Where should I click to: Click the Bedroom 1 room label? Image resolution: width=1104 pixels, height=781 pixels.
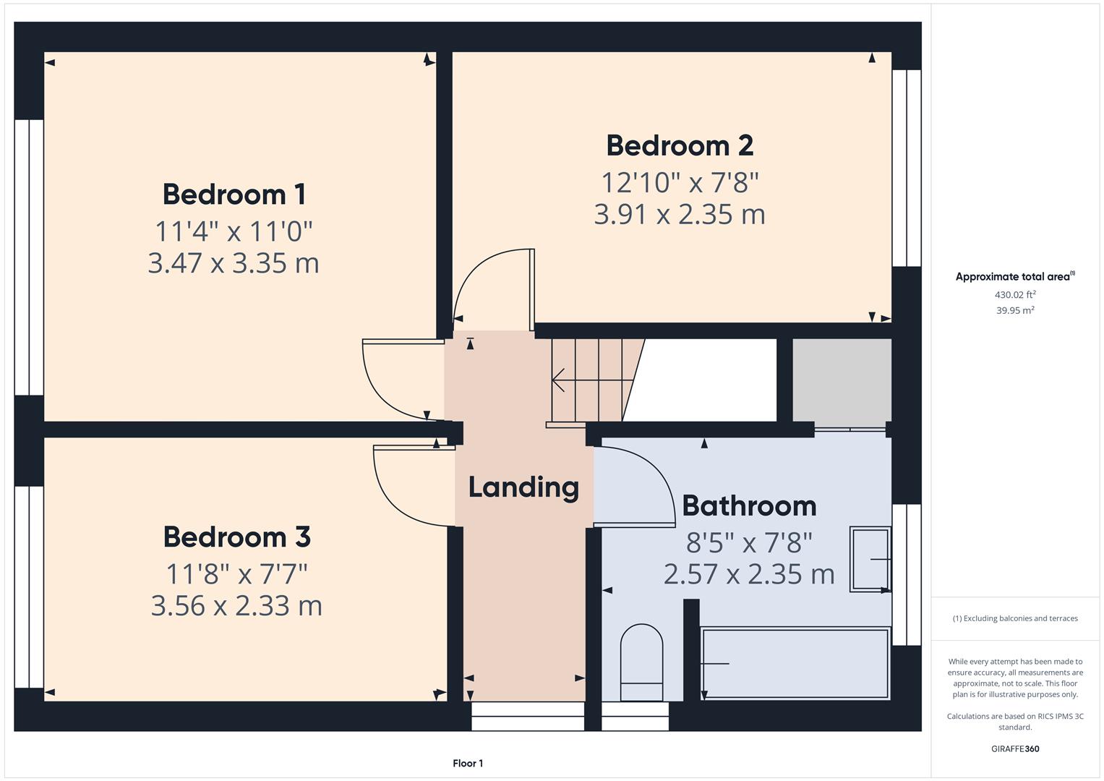[x=234, y=195]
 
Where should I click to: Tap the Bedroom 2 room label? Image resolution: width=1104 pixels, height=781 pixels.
[x=680, y=145]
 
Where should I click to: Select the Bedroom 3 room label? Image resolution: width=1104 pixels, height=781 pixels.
[x=236, y=537]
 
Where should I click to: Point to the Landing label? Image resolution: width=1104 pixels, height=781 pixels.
[x=523, y=487]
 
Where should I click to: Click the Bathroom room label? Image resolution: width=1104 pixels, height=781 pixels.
[x=749, y=505]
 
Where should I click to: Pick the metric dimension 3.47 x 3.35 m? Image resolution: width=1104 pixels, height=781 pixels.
[x=234, y=263]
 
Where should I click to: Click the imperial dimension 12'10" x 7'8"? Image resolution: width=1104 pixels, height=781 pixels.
[x=680, y=182]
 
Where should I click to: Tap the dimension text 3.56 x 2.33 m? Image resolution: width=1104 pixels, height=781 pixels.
[x=236, y=606]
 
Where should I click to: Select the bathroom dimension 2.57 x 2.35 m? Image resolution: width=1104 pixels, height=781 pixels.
[x=749, y=574]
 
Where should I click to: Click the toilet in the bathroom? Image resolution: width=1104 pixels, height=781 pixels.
[x=641, y=662]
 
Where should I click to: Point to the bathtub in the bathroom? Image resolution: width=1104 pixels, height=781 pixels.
[x=795, y=663]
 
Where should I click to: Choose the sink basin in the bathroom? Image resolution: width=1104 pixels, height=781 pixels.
[x=870, y=560]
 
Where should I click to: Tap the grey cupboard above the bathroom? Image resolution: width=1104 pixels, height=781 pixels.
[x=842, y=380]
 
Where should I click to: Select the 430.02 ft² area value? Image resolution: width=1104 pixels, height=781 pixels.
[x=1015, y=295]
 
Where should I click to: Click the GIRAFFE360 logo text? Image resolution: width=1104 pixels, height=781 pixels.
[x=1015, y=749]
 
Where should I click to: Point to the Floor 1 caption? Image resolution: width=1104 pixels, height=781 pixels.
[x=468, y=764]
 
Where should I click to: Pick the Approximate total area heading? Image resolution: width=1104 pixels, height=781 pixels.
[x=1014, y=277]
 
